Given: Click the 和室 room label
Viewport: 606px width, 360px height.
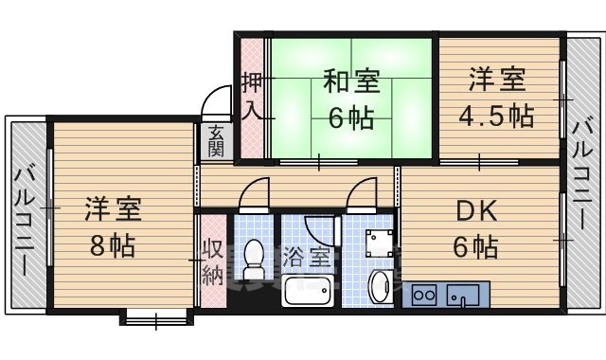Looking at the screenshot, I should point(352,82).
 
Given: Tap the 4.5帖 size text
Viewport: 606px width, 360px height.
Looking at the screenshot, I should point(497,117).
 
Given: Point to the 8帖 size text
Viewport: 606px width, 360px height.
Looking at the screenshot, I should point(111,244).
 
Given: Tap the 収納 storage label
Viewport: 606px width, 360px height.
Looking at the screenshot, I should point(211,262).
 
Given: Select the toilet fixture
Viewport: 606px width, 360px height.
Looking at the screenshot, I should point(253,254).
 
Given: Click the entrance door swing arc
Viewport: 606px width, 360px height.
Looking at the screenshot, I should point(217,101).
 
